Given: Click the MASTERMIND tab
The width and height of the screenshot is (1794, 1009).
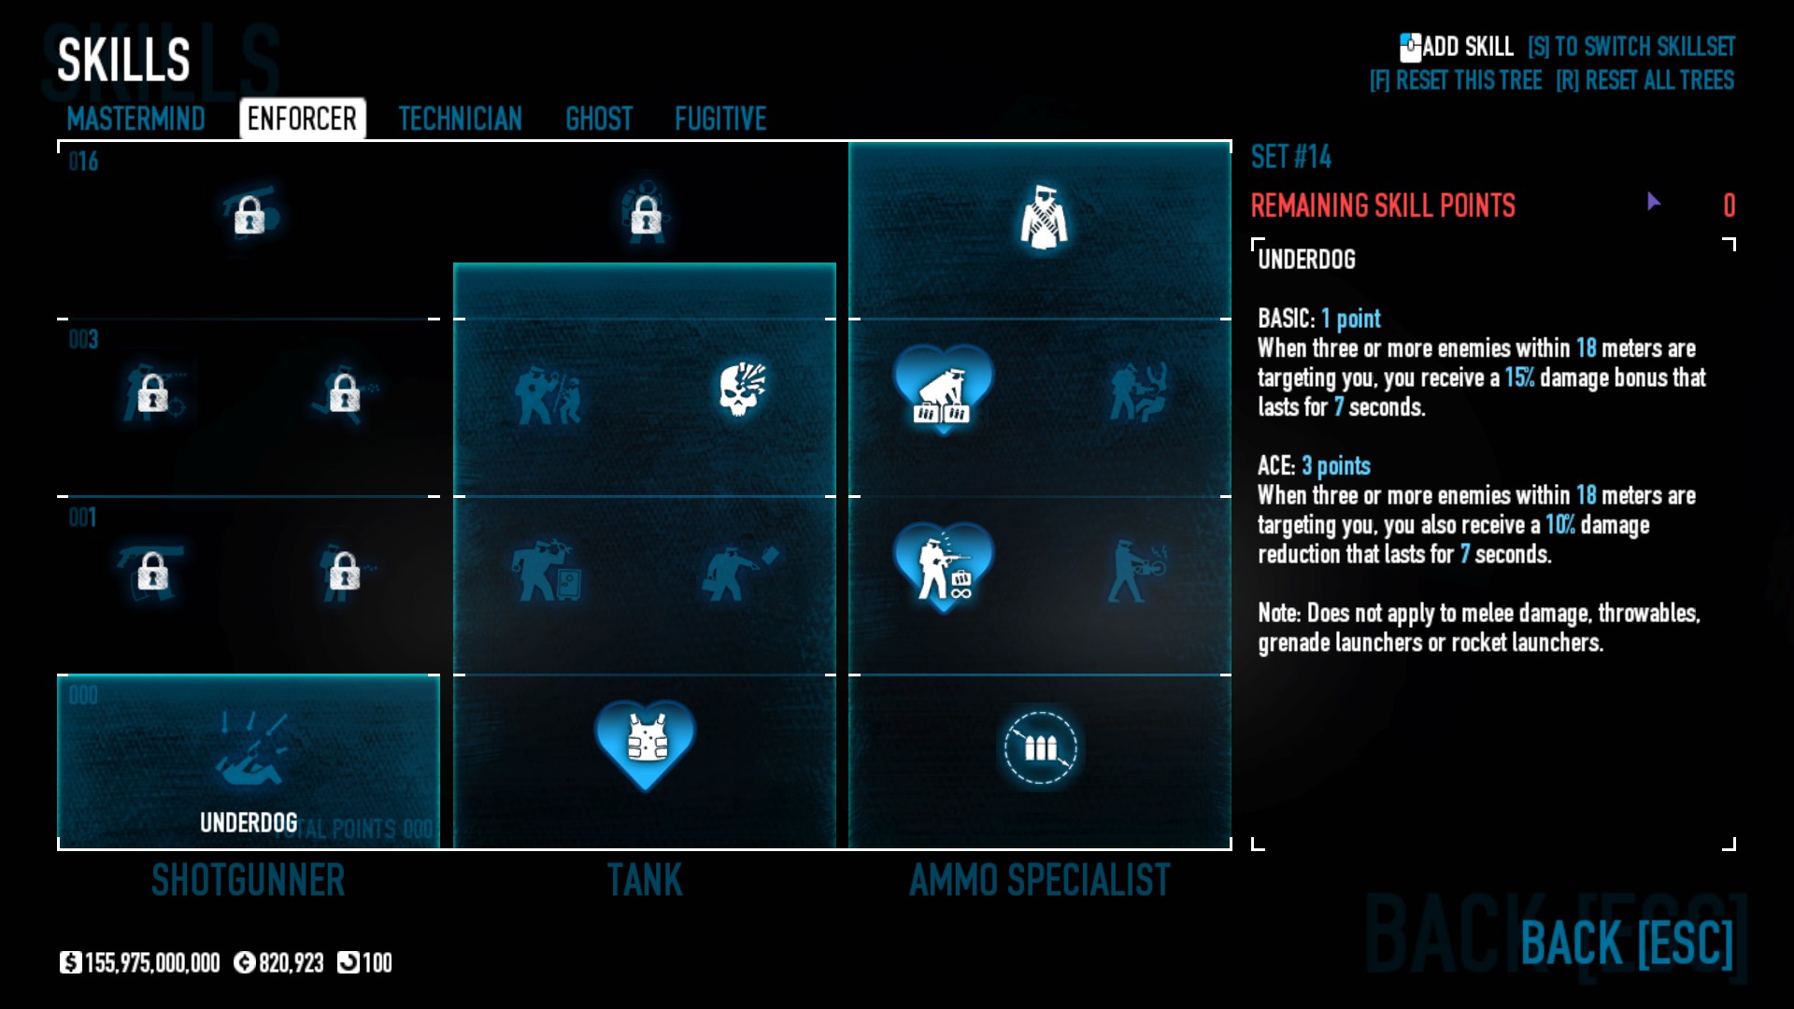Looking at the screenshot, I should tap(136, 119).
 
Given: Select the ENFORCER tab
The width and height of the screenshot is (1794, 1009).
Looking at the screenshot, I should tap(302, 119).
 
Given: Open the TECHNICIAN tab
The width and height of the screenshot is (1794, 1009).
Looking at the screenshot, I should tap(460, 119).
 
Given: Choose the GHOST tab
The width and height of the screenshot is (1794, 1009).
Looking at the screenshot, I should tap(599, 119).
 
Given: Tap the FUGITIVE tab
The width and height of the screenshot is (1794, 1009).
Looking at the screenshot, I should tap(720, 119).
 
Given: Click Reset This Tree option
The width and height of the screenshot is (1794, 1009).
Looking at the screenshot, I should tap(1455, 80).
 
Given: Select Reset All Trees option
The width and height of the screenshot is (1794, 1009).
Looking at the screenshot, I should tap(1644, 80).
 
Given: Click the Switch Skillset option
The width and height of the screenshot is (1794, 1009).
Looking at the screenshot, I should tap(1631, 47).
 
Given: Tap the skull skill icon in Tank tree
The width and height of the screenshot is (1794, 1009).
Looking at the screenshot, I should tap(743, 389).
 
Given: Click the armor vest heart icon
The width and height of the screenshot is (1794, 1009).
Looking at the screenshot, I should tap(646, 741).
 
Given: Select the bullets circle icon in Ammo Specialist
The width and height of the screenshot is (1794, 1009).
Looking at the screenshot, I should tap(1040, 747).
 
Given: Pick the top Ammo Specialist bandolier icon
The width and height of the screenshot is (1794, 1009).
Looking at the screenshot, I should tap(1043, 218).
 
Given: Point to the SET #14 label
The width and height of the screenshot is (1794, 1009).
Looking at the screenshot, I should tap(1291, 157).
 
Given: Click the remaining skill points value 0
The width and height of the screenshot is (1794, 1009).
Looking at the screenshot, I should tap(1729, 206).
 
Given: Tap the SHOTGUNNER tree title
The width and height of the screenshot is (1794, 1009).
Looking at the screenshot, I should tap(249, 880).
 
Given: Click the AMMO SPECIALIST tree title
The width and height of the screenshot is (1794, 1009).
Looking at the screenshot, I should tap(1040, 880).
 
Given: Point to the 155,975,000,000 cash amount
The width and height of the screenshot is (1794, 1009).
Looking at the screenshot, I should tap(151, 962).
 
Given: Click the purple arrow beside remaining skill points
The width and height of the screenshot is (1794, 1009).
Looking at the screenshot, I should tap(1653, 202).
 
